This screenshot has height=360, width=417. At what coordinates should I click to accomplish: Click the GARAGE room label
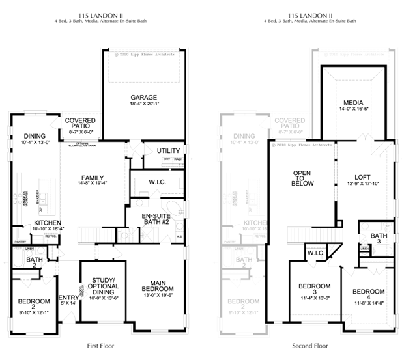pos(142,98)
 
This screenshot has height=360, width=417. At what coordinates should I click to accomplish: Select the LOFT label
pos(362,176)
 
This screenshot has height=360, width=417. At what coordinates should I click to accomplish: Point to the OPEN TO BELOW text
pos(303,178)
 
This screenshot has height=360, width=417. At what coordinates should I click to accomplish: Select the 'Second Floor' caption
pos(310,346)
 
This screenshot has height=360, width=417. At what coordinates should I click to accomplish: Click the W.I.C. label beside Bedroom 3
pos(317,253)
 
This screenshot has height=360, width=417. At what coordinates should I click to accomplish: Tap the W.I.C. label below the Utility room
pos(157,182)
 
